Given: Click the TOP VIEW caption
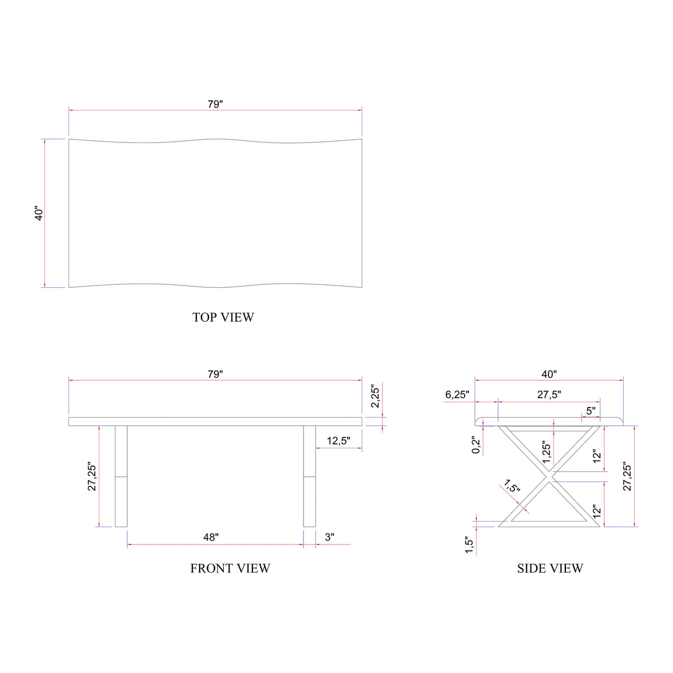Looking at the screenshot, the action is pyautogui.click(x=223, y=317).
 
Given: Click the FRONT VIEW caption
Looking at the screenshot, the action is pyautogui.click(x=230, y=569).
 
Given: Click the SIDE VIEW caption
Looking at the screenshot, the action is pyautogui.click(x=550, y=569).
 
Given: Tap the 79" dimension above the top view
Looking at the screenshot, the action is pyautogui.click(x=215, y=104).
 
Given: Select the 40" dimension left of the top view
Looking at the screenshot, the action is pyautogui.click(x=39, y=213).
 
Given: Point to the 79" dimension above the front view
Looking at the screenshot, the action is pyautogui.click(x=215, y=375).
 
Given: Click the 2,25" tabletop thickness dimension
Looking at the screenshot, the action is pyautogui.click(x=375, y=397).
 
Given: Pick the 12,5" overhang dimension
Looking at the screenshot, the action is pyautogui.click(x=338, y=441).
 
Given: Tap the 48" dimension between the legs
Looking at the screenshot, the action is pyautogui.click(x=211, y=537).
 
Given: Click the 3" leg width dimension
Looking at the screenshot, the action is pyautogui.click(x=329, y=537).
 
